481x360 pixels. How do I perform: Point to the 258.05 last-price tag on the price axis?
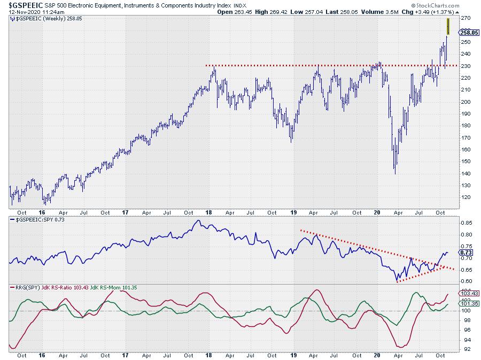(x=467, y=32)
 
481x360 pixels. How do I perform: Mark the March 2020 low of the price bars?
(x=395, y=173)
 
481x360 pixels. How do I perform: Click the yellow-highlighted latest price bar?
(x=448, y=27)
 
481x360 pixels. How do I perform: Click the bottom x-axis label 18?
(x=208, y=355)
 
